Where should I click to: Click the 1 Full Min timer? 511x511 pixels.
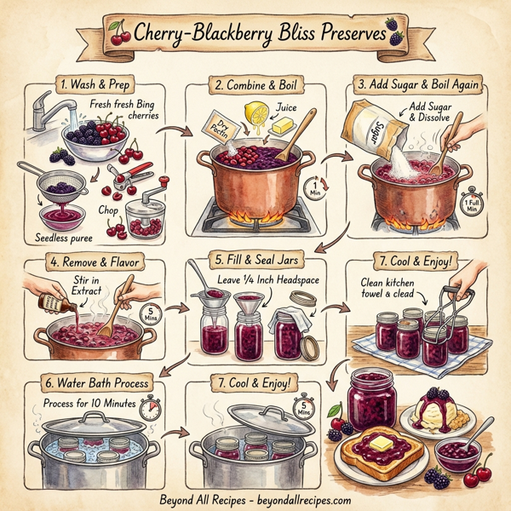click(469, 205)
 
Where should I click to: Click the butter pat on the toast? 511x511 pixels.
click(380, 440)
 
